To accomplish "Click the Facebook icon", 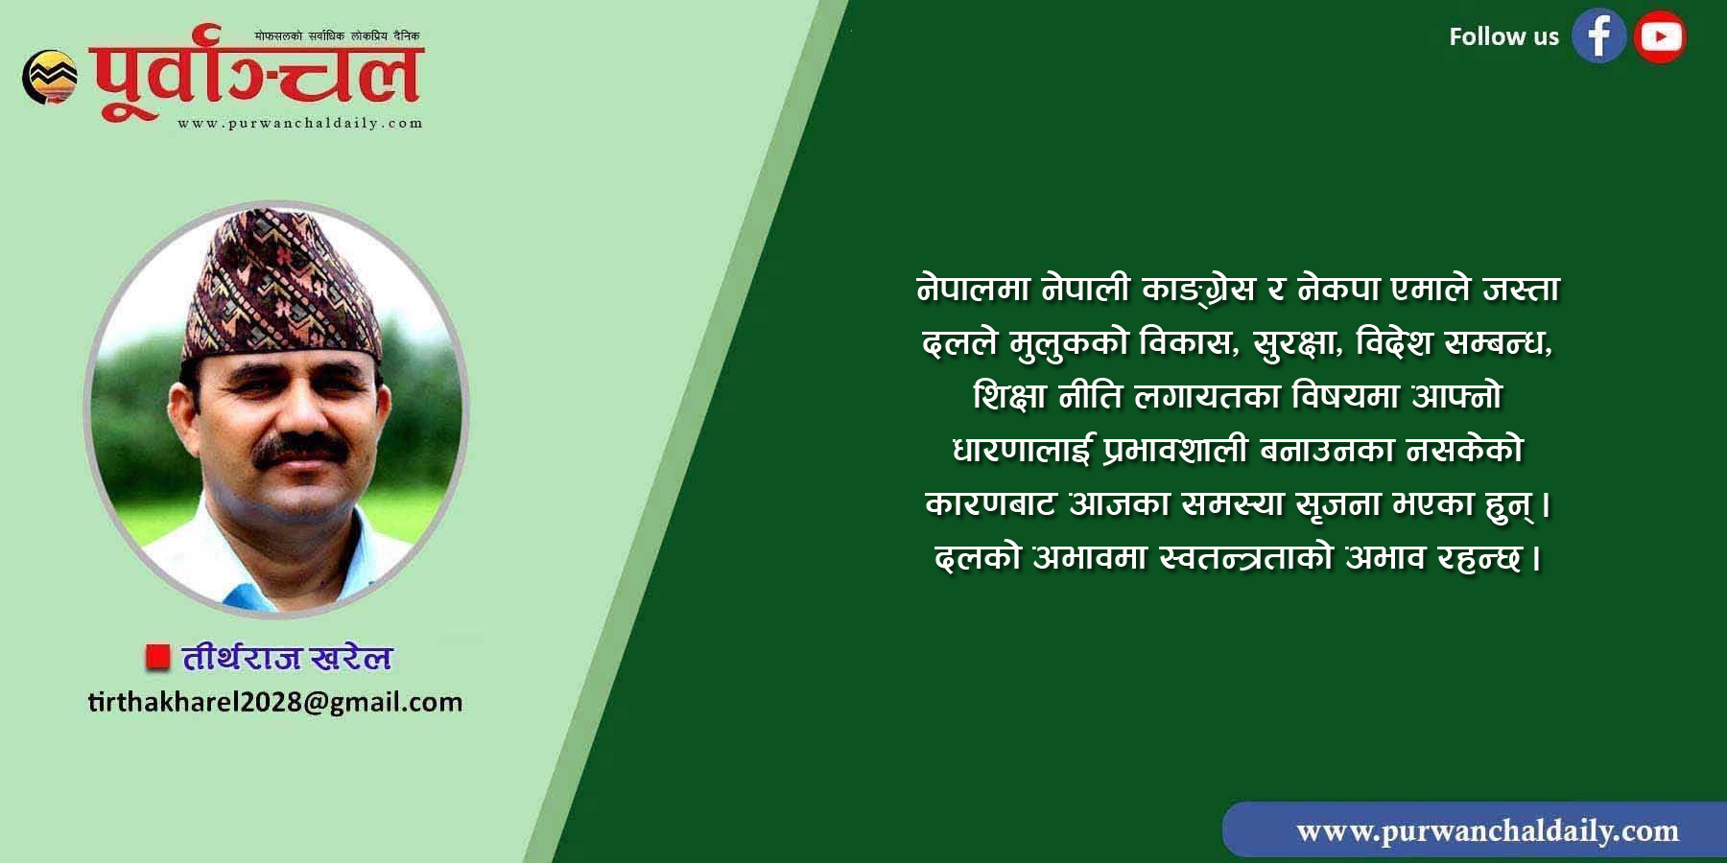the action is pyautogui.click(x=1598, y=36).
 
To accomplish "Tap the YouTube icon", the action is pyautogui.click(x=1660, y=36).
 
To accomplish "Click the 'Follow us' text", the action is pyautogui.click(x=1503, y=36).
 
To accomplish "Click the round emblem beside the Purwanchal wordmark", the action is pyautogui.click(x=50, y=77).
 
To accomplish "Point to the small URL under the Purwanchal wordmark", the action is pyautogui.click(x=299, y=123).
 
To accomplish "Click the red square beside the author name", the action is pyautogui.click(x=157, y=657).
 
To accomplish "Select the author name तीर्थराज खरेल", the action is pyautogui.click(x=287, y=658).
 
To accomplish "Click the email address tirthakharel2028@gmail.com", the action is pyautogui.click(x=275, y=702).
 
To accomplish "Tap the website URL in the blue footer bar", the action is pyautogui.click(x=1487, y=830).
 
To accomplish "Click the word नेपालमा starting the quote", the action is pyautogui.click(x=973, y=289).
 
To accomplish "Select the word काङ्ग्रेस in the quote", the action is pyautogui.click(x=1198, y=289).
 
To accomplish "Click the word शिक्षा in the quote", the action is pyautogui.click(x=1009, y=396).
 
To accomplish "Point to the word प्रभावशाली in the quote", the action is pyautogui.click(x=1175, y=450).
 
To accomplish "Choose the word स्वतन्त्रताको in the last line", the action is pyautogui.click(x=1246, y=557).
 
